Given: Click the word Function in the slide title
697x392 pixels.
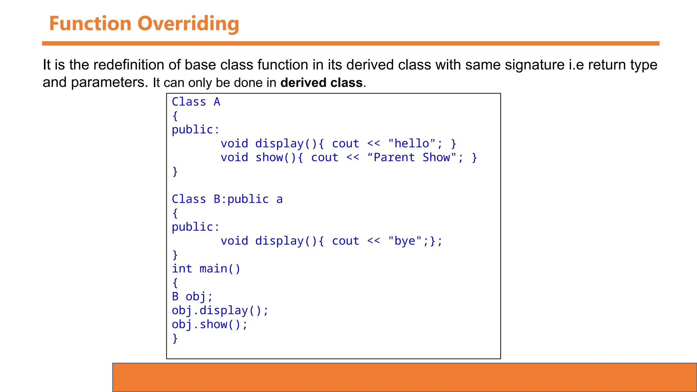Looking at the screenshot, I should pyautogui.click(x=90, y=24).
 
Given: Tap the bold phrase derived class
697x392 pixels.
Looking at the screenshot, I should pyautogui.click(x=321, y=83).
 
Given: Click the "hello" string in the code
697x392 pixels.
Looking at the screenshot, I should pyautogui.click(x=411, y=144).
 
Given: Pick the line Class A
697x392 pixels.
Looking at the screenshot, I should pyautogui.click(x=196, y=102).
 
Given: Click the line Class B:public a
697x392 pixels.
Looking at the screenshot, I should pyautogui.click(x=227, y=199).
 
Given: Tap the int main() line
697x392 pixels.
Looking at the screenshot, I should pyautogui.click(x=206, y=269).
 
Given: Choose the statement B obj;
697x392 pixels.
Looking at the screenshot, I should pyautogui.click(x=192, y=297).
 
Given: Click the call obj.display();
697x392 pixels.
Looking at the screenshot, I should pyautogui.click(x=220, y=311).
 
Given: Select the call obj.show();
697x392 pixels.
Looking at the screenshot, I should pyautogui.click(x=209, y=325).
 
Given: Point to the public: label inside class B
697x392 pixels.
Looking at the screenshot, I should pyautogui.click(x=195, y=227).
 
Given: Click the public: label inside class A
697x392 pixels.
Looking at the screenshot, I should pyautogui.click(x=195, y=130).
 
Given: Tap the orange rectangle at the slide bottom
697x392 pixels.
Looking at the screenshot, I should pyautogui.click(x=404, y=377).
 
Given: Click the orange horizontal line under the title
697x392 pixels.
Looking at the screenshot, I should pyautogui.click(x=351, y=44).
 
